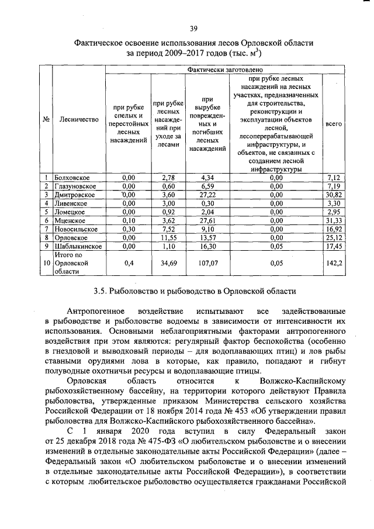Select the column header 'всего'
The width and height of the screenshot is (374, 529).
tap(334, 125)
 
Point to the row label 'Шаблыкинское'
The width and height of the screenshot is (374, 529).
tap(78, 247)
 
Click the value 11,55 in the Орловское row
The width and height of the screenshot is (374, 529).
tap(168, 238)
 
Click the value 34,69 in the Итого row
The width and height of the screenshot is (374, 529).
tap(168, 264)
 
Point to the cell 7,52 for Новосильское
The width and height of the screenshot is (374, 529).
tap(168, 229)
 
